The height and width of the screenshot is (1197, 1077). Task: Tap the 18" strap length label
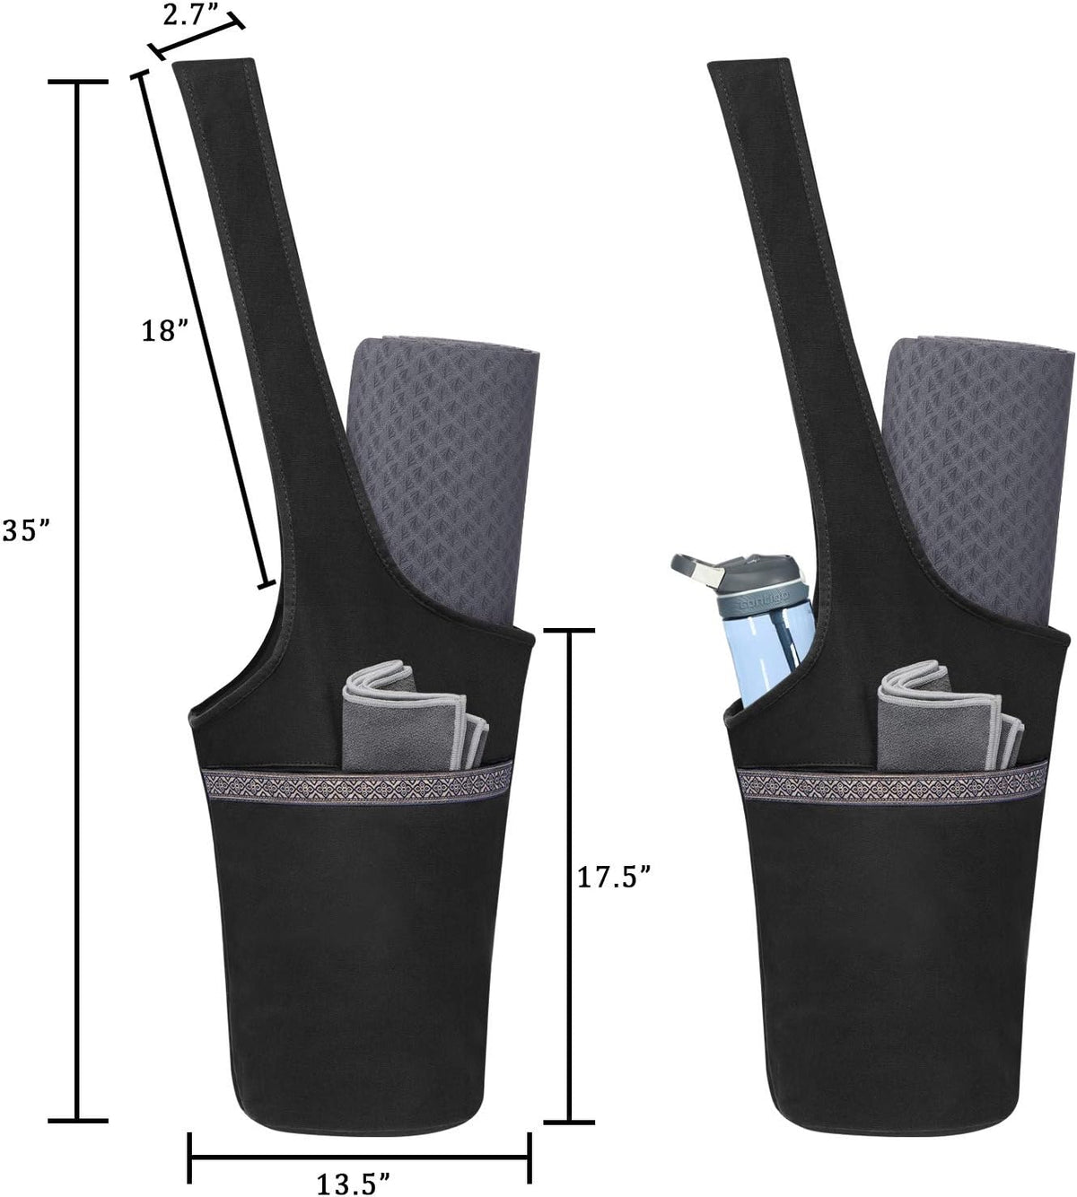point(165,330)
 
